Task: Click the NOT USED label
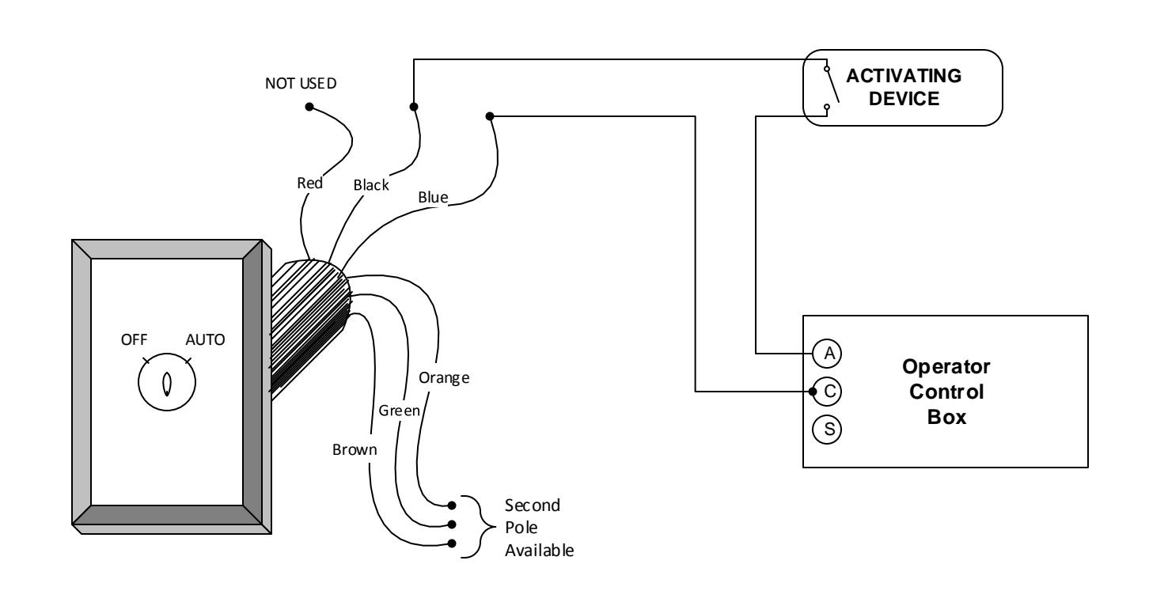[x=301, y=84]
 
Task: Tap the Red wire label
[x=310, y=183]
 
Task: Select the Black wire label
[x=371, y=185]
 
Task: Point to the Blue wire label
[x=433, y=198]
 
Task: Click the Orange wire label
[x=444, y=378]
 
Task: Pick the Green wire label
[x=399, y=411]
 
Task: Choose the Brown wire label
[x=355, y=449]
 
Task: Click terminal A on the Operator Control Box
[x=827, y=354]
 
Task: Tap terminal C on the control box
[x=828, y=392]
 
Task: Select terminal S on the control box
[x=827, y=430]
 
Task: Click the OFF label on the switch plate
[x=134, y=339]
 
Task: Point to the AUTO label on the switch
[x=205, y=339]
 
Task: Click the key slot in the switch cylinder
[x=167, y=384]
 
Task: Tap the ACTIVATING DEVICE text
[x=904, y=87]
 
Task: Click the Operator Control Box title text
[x=946, y=392]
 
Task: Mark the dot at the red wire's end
[x=309, y=107]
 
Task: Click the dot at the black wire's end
[x=413, y=107]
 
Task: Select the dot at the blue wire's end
[x=490, y=116]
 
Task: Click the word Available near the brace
[x=539, y=551]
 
